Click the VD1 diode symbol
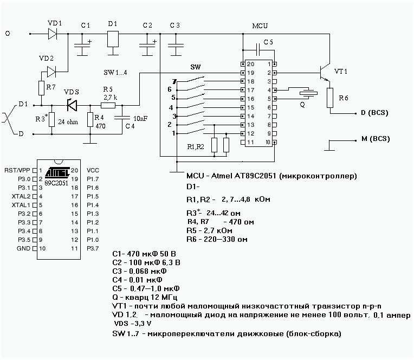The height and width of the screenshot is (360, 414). click(x=53, y=34)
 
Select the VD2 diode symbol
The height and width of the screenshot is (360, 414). click(x=51, y=72)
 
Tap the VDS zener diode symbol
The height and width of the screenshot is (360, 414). click(x=72, y=105)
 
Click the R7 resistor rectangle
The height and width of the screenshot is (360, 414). click(x=41, y=88)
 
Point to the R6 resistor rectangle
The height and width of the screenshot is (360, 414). click(x=330, y=98)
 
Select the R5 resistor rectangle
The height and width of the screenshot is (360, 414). click(x=108, y=105)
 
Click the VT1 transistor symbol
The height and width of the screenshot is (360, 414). click(x=325, y=72)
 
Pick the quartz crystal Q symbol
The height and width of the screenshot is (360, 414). click(x=308, y=93)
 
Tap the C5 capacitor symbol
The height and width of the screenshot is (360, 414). click(x=258, y=50)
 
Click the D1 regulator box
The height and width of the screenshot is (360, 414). click(x=113, y=39)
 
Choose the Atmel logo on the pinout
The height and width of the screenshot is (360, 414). click(x=57, y=172)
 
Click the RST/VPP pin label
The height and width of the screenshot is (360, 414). click(x=17, y=170)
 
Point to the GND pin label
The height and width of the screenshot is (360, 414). click(x=23, y=248)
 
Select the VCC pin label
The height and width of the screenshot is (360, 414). click(x=93, y=170)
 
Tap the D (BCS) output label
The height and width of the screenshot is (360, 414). click(x=374, y=113)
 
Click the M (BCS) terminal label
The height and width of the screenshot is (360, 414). click(x=376, y=139)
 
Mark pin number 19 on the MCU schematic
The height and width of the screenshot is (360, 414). click(x=250, y=73)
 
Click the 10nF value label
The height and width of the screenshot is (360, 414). click(x=140, y=119)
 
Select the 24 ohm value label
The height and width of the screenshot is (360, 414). click(x=68, y=122)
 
